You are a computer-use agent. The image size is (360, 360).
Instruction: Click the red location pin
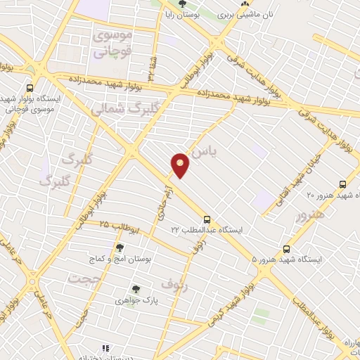pyautogui.click(x=181, y=165)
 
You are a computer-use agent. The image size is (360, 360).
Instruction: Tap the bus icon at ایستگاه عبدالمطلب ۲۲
pyautogui.click(x=207, y=218)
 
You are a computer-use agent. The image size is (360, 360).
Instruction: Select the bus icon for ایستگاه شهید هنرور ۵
pyautogui.click(x=286, y=249)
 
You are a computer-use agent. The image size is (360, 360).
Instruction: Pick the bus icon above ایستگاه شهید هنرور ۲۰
pyautogui.click(x=342, y=184)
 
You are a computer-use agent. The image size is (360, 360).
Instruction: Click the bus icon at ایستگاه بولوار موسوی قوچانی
pyautogui.click(x=30, y=88)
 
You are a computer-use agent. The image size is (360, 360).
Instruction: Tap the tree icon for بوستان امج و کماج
pyautogui.click(x=120, y=247)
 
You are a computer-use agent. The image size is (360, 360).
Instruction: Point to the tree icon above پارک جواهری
pyautogui.click(x=136, y=288)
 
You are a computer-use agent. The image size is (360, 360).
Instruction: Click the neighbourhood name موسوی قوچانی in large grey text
pyautogui.click(x=110, y=43)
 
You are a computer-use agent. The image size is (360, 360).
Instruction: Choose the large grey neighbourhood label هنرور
pyautogui.click(x=310, y=214)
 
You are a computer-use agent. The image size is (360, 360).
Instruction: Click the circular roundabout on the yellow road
pyautogui.click(x=32, y=282)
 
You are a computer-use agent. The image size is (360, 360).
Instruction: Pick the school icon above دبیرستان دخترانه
pyautogui.click(x=105, y=348)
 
